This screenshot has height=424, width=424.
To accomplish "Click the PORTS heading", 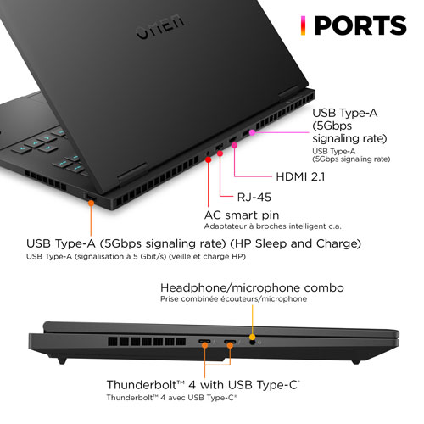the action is pos(360,25).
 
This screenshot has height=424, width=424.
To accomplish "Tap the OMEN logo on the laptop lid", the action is pos(160,27).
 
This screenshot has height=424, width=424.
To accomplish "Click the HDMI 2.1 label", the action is pos(300,176).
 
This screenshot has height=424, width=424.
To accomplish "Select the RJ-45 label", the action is pos(254,197).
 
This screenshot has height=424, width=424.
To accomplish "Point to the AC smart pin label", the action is pos(242,215).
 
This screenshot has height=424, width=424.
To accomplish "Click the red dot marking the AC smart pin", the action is pos(209,159).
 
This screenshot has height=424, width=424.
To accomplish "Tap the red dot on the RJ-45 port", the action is pos(220,153).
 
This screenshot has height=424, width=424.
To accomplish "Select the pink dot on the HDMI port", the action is pos(234,145).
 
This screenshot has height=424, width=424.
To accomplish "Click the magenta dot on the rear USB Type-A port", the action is pos(252,132).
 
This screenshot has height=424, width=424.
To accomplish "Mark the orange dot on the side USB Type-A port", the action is pos(91,203).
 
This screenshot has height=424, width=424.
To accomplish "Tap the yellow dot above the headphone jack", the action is pos(253,337).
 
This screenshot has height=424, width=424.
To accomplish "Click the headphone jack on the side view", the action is pos(253,343).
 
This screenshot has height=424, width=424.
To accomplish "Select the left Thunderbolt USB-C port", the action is pos(204,342).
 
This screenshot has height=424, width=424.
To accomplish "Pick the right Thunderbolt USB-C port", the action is pos(230,342).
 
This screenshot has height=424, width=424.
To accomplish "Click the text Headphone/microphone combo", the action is pos(252,287).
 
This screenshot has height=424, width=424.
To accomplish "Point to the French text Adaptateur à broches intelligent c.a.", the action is pos(273,226).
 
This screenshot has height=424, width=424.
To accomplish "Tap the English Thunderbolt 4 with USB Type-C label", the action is pos(203,385).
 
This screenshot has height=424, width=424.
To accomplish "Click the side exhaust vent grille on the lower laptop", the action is pos(147,342).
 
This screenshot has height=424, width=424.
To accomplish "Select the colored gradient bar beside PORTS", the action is pos(303,25).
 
